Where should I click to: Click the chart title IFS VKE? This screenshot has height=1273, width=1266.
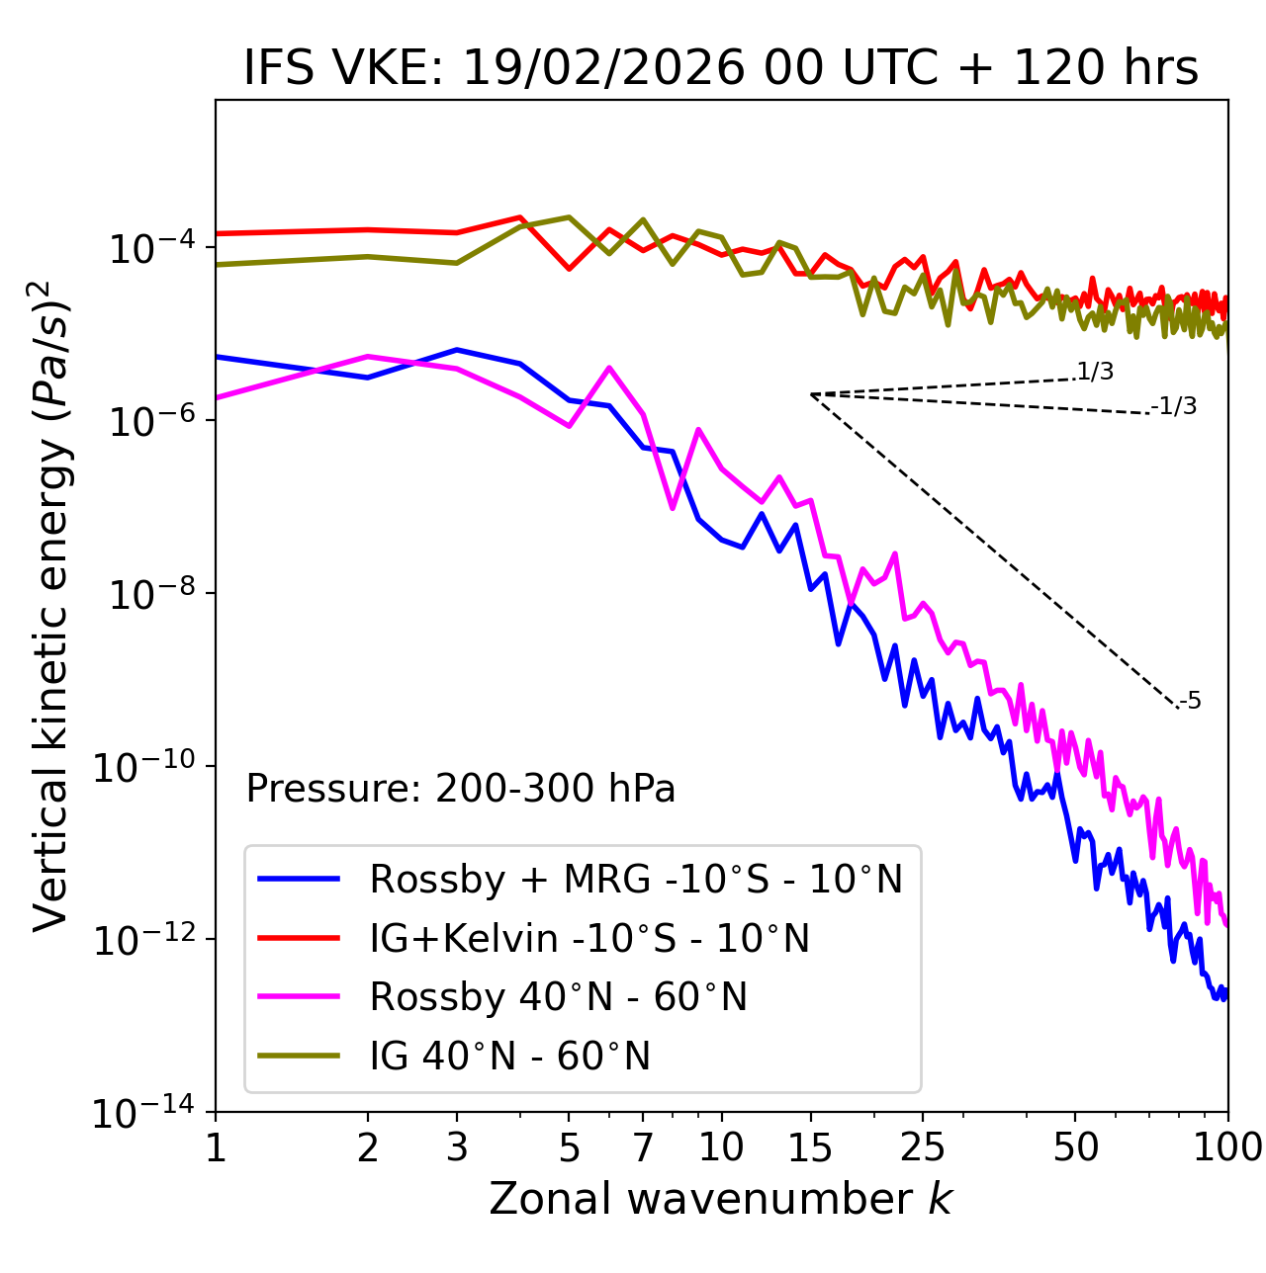click(x=721, y=68)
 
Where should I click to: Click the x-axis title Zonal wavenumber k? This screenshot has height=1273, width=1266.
click(x=720, y=1199)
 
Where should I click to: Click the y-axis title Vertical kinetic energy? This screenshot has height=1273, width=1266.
click(x=51, y=605)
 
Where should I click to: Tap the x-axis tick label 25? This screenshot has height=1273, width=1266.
click(x=923, y=1147)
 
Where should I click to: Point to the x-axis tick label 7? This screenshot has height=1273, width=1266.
click(x=643, y=1147)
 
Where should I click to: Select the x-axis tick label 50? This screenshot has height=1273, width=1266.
click(x=1076, y=1147)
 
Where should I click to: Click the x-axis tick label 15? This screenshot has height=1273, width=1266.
click(x=810, y=1147)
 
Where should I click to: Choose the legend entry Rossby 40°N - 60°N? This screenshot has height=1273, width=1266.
click(x=558, y=997)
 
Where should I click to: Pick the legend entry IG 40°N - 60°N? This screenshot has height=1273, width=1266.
click(x=509, y=1057)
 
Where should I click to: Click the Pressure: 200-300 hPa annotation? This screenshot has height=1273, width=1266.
click(x=461, y=789)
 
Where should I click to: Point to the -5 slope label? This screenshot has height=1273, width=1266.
click(x=1190, y=701)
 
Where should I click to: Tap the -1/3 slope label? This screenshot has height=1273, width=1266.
click(x=1175, y=406)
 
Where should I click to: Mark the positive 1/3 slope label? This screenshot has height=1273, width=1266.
click(x=1095, y=372)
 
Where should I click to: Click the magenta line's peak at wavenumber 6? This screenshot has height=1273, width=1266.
click(x=609, y=368)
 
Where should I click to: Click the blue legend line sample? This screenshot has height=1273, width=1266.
click(x=300, y=879)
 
